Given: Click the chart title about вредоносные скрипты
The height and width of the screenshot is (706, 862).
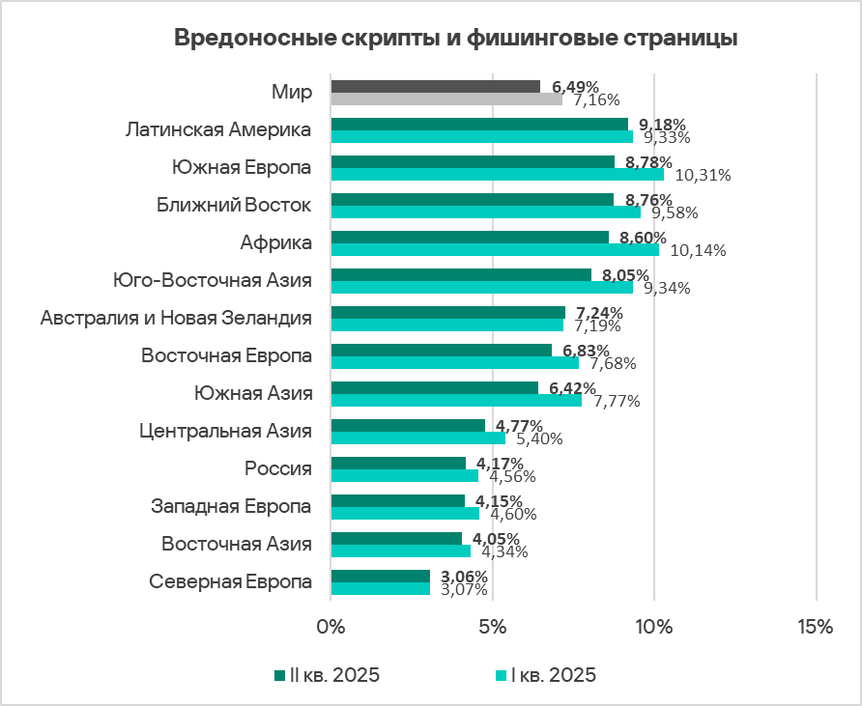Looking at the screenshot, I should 455,39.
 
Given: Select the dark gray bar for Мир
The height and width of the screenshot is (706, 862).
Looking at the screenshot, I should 435,86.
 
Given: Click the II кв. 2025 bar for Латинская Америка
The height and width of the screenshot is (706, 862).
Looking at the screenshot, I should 479,124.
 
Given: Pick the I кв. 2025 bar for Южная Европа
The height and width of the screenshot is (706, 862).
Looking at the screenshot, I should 497,175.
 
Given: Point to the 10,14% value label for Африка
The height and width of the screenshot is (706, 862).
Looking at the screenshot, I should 698,250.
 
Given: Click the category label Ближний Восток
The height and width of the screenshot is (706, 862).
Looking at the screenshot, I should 234,205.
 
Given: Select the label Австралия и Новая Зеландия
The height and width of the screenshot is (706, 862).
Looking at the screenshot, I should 176,318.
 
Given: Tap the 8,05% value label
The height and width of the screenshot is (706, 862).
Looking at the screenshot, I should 626,275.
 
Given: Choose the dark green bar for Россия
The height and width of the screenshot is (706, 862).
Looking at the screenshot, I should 398,463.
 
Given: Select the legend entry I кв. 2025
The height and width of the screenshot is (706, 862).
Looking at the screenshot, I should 545,675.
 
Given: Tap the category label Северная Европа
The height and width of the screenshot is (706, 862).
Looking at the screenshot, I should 231,581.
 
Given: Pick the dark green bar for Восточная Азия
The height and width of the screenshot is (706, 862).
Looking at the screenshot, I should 396,538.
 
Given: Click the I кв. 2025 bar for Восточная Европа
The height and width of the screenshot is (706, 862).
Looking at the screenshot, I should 454,362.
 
